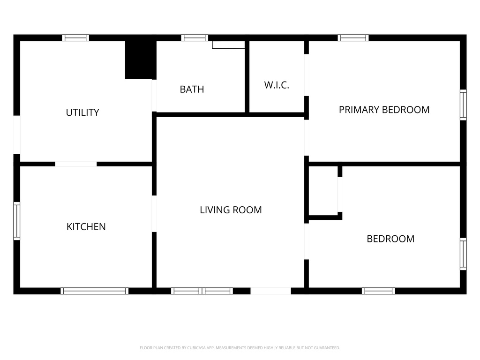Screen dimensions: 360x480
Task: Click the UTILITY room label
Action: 82,112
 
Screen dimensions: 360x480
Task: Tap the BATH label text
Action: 192,89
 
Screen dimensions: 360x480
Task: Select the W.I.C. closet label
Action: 277,85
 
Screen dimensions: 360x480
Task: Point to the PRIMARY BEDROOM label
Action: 384,110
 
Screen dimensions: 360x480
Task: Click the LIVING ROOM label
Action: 231,210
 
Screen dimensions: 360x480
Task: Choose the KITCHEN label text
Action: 86,227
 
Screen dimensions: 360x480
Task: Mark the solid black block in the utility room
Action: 140,60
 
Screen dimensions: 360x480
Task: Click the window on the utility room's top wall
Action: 75,38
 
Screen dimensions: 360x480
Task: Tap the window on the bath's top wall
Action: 195,38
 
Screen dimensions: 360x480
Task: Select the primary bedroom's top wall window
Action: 353,38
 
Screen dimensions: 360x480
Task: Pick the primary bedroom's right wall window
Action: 463,105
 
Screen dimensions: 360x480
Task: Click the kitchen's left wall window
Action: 17,221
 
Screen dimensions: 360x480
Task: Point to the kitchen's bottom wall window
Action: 94,291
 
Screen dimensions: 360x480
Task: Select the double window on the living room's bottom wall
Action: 202,291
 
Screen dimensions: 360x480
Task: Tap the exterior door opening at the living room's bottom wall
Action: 270,291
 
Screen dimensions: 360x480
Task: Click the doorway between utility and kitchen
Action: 76,164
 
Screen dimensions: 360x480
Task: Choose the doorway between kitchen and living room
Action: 154,213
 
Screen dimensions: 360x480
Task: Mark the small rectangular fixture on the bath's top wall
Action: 229,45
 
